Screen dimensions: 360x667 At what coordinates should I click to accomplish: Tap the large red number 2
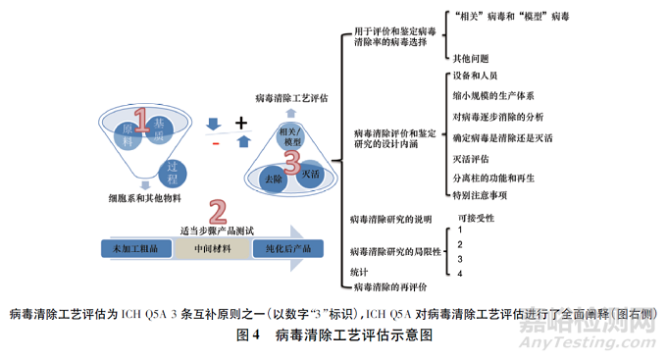218,210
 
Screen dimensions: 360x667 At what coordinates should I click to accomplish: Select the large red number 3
291,159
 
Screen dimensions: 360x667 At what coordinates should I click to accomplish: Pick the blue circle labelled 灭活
312,174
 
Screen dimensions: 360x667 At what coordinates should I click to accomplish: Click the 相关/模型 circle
291,136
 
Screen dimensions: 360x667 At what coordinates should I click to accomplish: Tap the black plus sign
241,122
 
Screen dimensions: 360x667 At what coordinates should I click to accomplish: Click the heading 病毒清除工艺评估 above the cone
291,98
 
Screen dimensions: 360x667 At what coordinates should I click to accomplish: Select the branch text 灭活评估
474,157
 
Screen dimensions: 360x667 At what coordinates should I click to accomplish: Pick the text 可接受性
478,218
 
